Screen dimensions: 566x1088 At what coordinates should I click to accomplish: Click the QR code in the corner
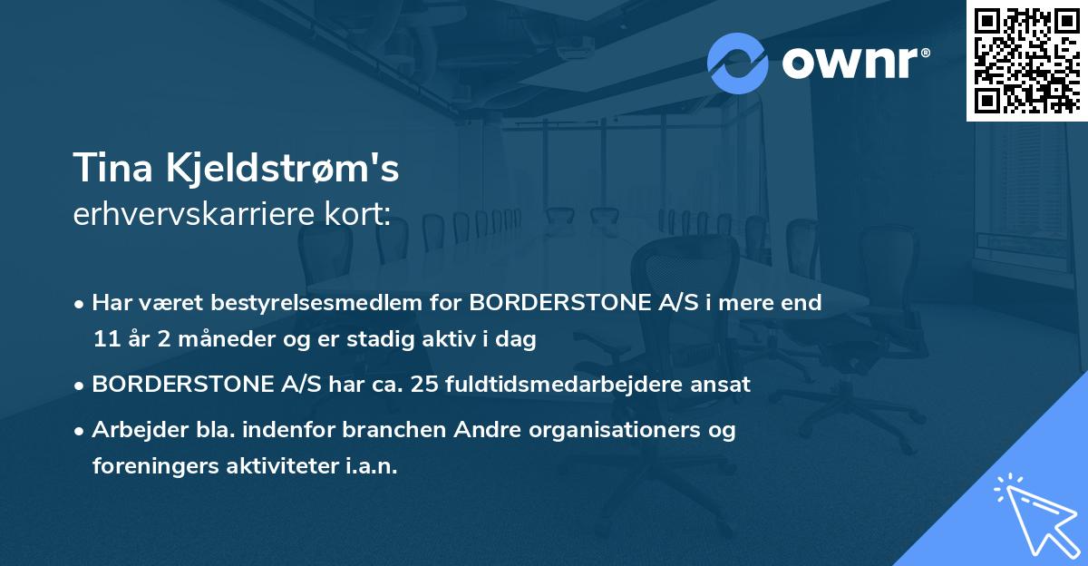1027,60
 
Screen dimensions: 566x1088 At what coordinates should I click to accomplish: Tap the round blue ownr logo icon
738,63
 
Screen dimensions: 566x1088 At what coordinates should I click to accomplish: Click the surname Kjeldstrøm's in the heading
279,170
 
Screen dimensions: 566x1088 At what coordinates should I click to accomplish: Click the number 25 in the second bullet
419,385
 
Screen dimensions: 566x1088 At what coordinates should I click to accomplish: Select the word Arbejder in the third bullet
133,430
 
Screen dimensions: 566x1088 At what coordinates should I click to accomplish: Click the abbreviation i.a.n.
372,466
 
